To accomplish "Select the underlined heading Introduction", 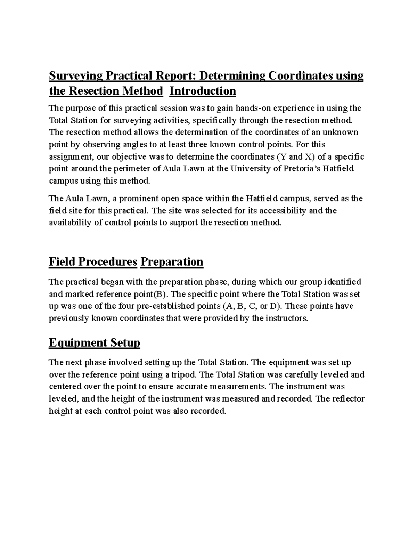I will (203, 91).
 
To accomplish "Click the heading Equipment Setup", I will (95, 343).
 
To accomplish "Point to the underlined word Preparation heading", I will (171, 261).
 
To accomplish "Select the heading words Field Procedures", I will (93, 261).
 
